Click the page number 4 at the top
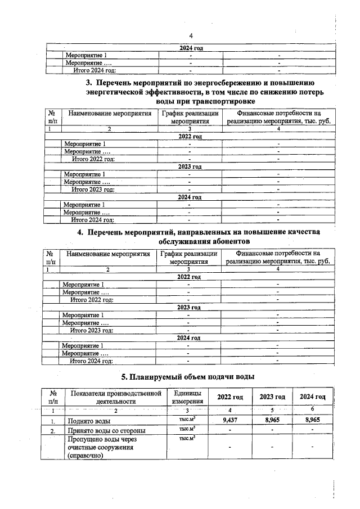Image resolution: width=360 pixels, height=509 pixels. click(191, 35)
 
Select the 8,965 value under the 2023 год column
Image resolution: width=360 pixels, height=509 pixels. click(272, 420)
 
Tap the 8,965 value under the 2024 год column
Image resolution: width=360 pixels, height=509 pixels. click(313, 420)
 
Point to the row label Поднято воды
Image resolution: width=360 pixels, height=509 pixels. click(88, 421)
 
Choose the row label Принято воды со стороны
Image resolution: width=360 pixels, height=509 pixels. click(107, 431)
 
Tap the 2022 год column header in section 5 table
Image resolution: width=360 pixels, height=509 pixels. click(231, 397)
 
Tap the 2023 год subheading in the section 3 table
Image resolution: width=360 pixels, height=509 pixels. click(190, 167)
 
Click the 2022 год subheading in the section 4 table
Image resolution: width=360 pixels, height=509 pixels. click(188, 277)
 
